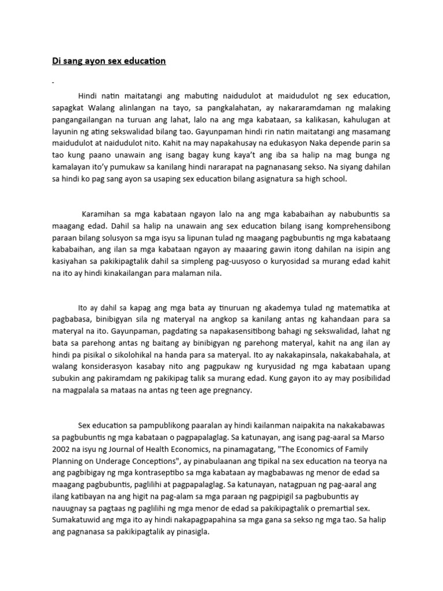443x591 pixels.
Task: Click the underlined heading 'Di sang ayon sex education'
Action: [108, 61]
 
